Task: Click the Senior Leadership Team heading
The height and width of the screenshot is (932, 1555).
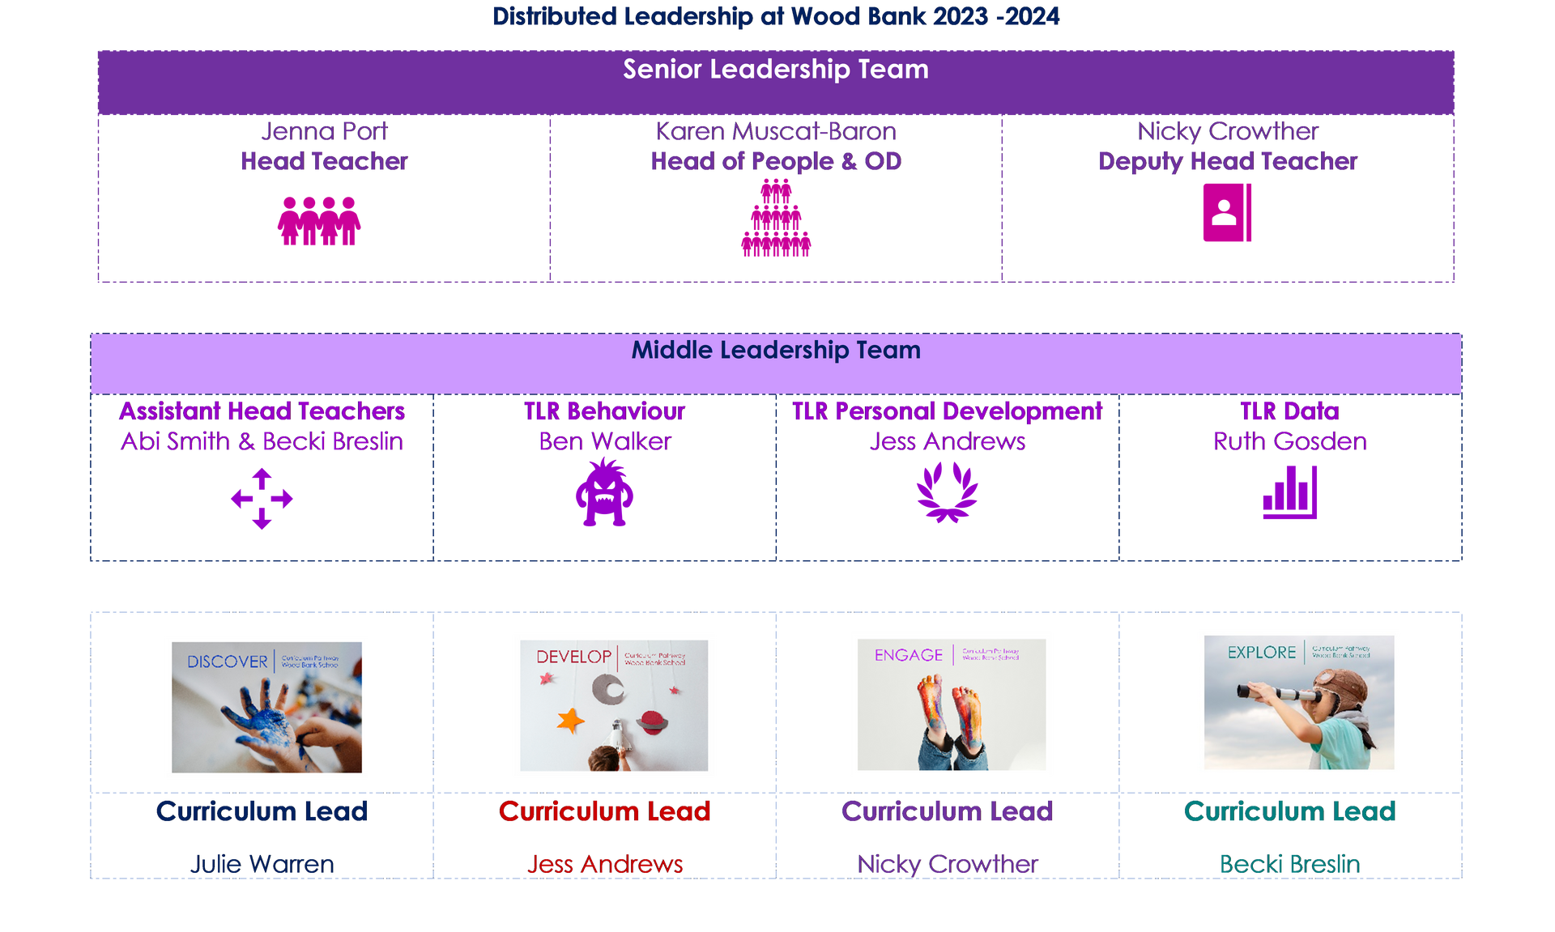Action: coord(775,70)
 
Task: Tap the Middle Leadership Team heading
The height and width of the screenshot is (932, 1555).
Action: coord(775,350)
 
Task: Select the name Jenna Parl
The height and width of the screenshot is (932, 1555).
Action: coord(324,131)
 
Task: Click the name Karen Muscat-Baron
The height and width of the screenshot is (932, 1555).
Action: coord(777,131)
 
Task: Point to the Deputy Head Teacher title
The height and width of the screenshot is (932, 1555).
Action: coord(1228,162)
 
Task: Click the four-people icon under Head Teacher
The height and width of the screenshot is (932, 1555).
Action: coord(319,220)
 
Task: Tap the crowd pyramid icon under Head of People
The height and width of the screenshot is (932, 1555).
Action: coord(775,220)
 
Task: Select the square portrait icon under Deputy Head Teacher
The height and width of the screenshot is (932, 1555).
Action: coord(1227,212)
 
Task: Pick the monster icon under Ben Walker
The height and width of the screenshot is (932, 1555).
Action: coord(604,493)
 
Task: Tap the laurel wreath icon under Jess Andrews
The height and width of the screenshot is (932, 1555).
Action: coord(947,493)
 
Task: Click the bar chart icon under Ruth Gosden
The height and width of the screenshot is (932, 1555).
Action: coord(1290,493)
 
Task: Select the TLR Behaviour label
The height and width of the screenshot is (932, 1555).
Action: coord(604,411)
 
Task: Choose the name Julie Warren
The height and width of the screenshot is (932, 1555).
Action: coord(262,864)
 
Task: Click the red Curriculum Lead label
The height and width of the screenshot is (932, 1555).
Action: coord(604,811)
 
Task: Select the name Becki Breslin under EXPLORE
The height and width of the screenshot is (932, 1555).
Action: coord(1289,864)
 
